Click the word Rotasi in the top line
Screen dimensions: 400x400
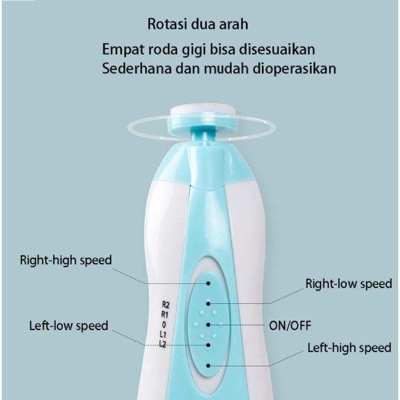[x=166, y=26]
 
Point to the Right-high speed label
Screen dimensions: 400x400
[x=66, y=261]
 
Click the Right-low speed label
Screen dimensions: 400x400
[x=349, y=283]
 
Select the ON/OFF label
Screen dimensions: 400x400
[x=291, y=326]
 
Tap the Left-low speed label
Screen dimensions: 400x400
[x=69, y=326]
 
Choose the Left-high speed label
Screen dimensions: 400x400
[x=349, y=347]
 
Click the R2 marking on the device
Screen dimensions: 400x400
[x=166, y=304]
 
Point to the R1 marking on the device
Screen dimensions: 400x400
[x=166, y=314]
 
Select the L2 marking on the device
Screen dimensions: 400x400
[x=163, y=343]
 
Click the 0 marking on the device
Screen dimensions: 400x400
[x=164, y=324]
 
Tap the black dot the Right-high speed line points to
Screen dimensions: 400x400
[x=209, y=283]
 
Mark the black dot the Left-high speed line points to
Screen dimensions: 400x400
[x=209, y=365]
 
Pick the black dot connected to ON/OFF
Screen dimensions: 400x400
[x=209, y=325]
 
